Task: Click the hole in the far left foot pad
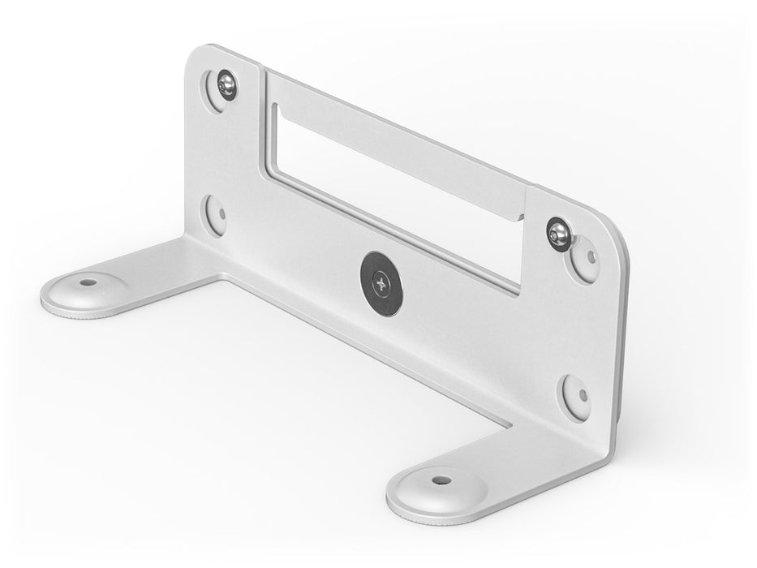click(88, 283)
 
